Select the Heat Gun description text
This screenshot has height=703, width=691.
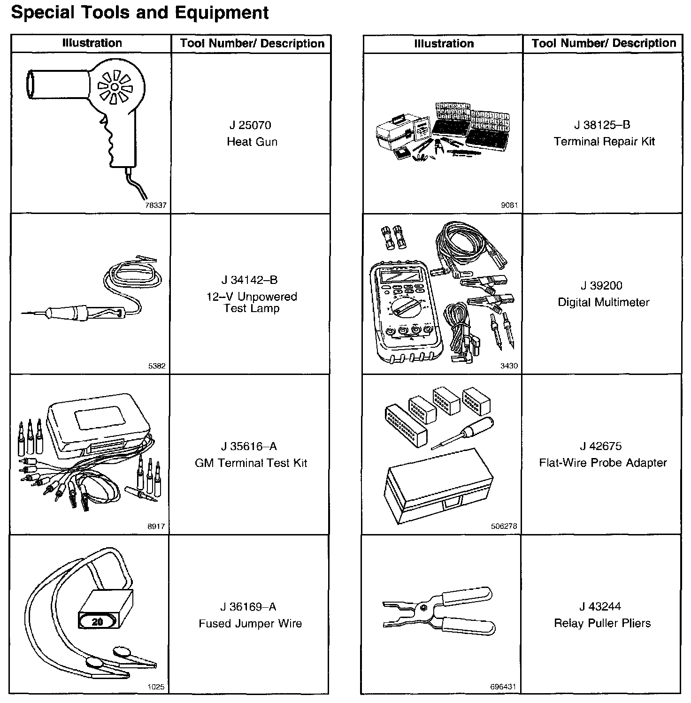[x=252, y=142]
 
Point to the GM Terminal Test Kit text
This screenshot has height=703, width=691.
[x=251, y=463]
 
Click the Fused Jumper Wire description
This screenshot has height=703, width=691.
[x=250, y=624]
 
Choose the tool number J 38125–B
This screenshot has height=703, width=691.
[x=602, y=125]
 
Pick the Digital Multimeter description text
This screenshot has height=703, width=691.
[x=603, y=302]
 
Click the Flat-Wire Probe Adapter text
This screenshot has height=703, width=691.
[x=603, y=463]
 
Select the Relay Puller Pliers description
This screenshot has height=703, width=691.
[x=602, y=623]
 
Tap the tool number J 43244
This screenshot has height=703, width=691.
[x=600, y=606]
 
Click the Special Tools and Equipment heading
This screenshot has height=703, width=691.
[x=139, y=13]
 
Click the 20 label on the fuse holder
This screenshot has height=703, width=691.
[x=97, y=622]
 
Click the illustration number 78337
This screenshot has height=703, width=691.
[x=156, y=206]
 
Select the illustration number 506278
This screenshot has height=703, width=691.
[x=504, y=527]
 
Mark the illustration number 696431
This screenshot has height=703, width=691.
[x=503, y=687]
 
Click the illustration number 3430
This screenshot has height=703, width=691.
[x=509, y=366]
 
